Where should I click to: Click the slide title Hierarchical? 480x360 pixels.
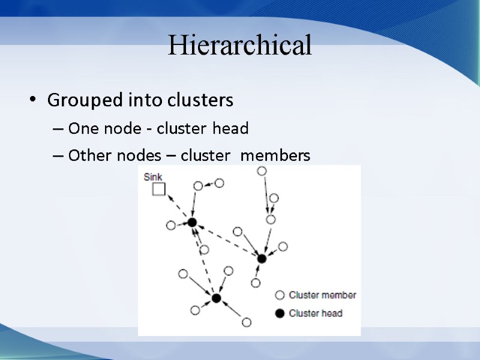[240, 46]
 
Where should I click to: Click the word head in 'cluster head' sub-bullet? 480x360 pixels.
[233, 128]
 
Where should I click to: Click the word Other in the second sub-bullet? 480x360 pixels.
[85, 156]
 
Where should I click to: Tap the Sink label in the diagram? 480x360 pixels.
[153, 178]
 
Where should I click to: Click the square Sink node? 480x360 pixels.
[158, 190]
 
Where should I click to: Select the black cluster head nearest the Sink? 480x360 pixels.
[192, 223]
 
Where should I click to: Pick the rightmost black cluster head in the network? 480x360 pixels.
[262, 259]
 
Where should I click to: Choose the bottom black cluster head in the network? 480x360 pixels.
[216, 298]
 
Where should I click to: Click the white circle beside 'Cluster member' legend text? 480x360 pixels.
[279, 295]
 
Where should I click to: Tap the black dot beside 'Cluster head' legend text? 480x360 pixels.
[279, 313]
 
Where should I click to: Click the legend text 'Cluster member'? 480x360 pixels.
[322, 295]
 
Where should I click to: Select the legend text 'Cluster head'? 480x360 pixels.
[316, 313]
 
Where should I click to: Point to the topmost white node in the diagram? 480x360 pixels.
[262, 171]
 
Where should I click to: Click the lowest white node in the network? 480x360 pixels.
[246, 323]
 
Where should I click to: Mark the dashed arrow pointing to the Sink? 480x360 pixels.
[178, 206]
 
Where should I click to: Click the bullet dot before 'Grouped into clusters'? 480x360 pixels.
[33, 100]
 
